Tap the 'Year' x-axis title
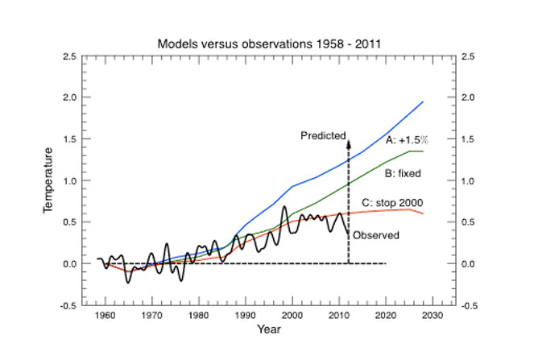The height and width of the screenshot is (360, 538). click(x=270, y=329)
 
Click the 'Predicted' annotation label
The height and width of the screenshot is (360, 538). click(x=323, y=135)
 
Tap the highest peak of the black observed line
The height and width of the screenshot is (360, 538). click(x=284, y=207)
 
